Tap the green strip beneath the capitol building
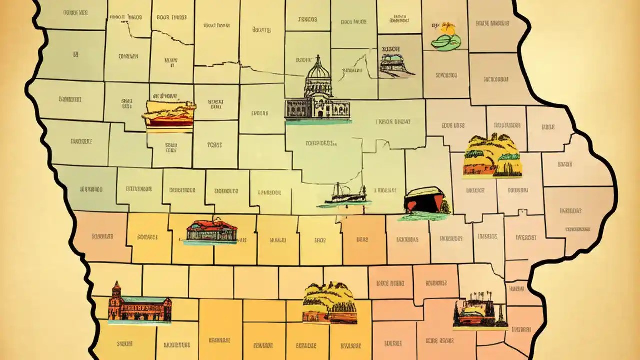pos(318,121)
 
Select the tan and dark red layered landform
pos(168,115)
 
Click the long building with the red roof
pos(212,231)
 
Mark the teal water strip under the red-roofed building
pos(210,242)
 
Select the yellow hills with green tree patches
pos(492,156)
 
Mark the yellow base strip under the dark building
pos(480,328)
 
